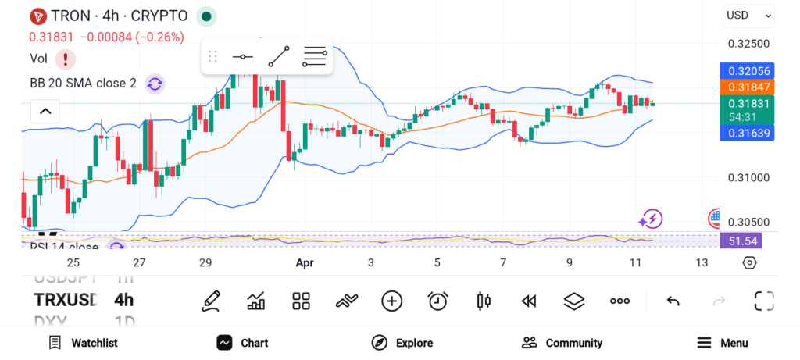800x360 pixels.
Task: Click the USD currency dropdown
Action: point(748,15)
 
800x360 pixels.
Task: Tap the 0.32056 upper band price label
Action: point(747,71)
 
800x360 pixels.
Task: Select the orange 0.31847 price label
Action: point(747,87)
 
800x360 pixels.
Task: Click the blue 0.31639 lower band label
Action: point(747,134)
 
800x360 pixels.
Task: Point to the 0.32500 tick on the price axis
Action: point(748,44)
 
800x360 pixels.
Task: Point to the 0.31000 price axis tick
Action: point(748,178)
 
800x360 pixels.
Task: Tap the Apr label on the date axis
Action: point(304,263)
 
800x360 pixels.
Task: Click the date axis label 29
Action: point(205,263)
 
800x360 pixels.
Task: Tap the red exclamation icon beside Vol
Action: point(66,59)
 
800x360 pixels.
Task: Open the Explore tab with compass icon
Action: point(402,343)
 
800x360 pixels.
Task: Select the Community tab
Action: point(562,343)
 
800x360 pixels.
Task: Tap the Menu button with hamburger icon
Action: point(722,343)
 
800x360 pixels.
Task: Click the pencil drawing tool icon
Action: point(210,301)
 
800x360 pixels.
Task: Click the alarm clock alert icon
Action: point(437,301)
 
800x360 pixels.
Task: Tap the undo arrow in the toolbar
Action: point(673,301)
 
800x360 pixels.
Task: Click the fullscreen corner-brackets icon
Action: point(763,301)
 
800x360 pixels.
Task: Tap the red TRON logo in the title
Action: point(37,16)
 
